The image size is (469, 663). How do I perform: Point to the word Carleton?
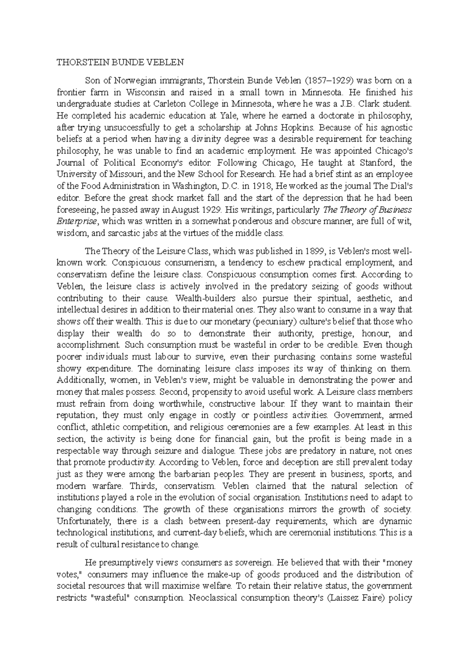coord(172,104)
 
